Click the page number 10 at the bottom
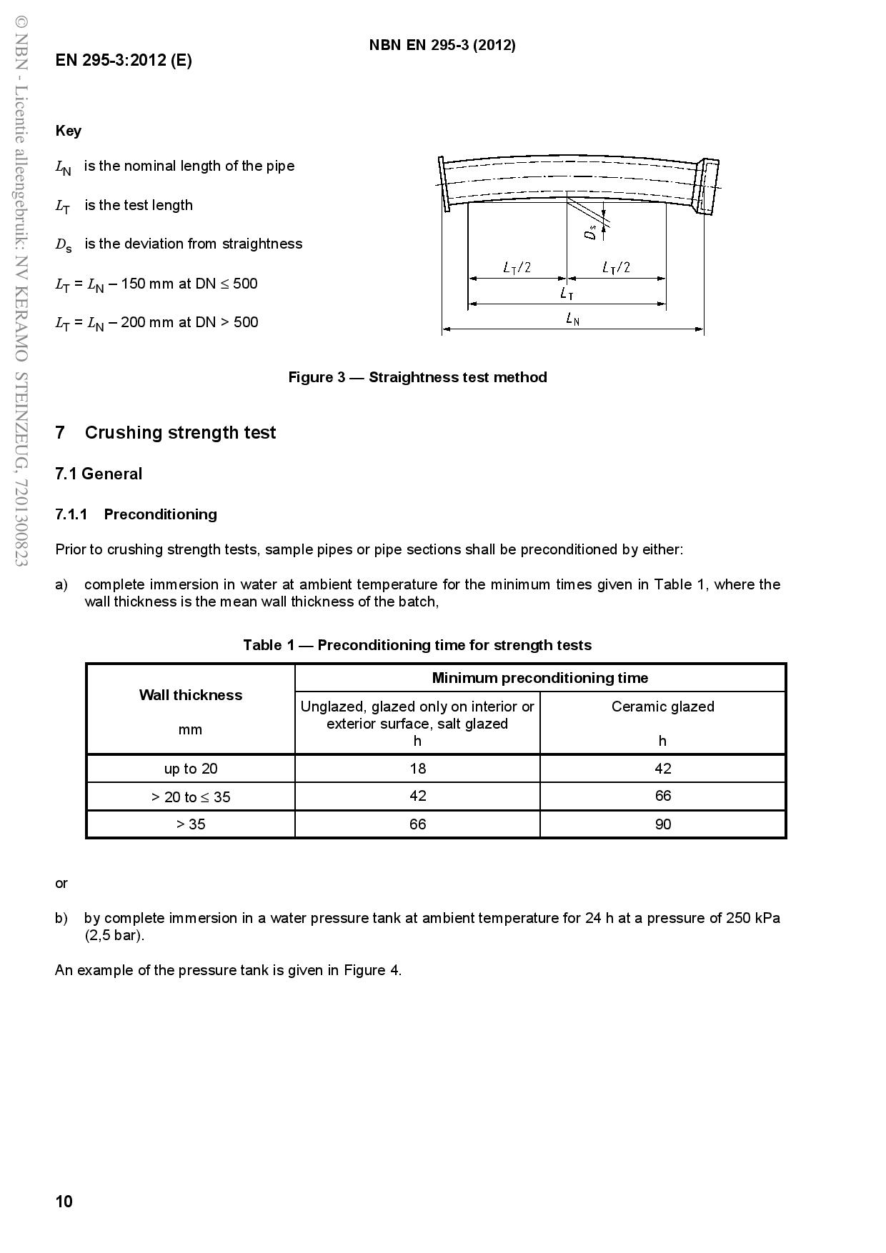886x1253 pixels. [x=64, y=1201]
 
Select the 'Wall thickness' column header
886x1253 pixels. [x=190, y=695]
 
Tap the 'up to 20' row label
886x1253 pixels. [x=190, y=769]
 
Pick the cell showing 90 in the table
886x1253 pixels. [x=662, y=824]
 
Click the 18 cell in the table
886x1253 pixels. [x=417, y=769]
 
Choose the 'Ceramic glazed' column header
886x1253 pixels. [x=662, y=707]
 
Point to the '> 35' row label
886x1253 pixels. [x=190, y=824]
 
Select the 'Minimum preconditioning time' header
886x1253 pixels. [x=539, y=678]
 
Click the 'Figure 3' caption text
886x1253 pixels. [x=417, y=377]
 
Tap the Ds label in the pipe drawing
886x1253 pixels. [x=590, y=231]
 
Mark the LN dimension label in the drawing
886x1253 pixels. [x=572, y=319]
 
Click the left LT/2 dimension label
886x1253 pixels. [x=517, y=268]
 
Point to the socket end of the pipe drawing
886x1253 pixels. [x=707, y=186]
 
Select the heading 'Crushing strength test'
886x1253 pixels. [x=180, y=432]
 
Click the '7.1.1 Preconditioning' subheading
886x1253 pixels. [x=136, y=514]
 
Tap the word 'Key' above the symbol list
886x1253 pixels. [x=69, y=131]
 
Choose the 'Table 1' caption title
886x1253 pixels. [x=417, y=645]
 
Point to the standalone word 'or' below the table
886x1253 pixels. [x=61, y=883]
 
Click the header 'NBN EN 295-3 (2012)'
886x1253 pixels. [x=442, y=45]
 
